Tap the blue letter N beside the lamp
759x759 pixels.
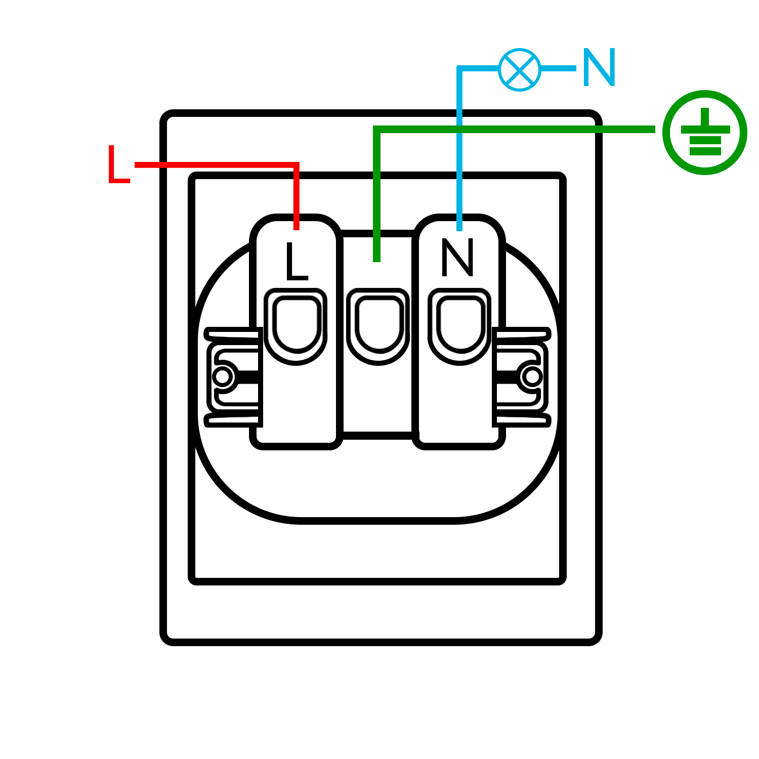click(599, 67)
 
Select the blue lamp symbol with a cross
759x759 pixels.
click(520, 69)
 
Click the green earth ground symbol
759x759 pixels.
click(705, 132)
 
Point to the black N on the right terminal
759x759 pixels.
click(458, 258)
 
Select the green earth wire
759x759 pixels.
click(506, 130)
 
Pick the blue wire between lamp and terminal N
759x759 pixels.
click(459, 152)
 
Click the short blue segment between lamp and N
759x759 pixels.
click(558, 68)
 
